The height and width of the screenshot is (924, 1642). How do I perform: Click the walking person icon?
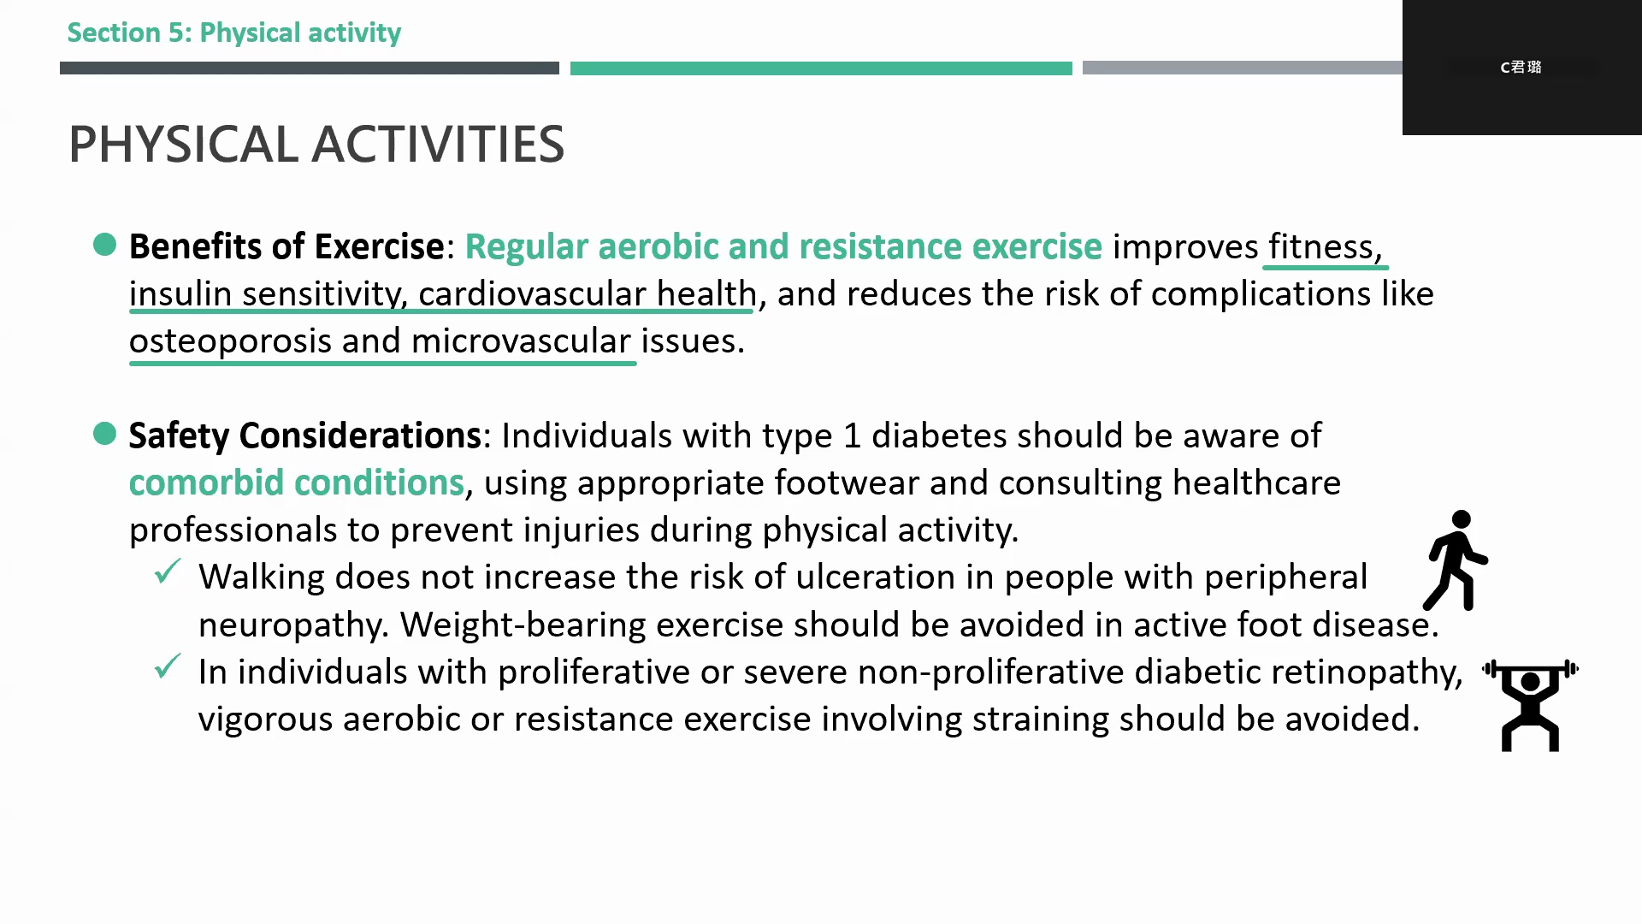[x=1456, y=560]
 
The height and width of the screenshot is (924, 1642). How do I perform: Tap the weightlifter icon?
[x=1530, y=705]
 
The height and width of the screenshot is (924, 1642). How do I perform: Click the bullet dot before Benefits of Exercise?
[x=104, y=245]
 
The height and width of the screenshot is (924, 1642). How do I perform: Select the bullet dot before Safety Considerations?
[x=104, y=434]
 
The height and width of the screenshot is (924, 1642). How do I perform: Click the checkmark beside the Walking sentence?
[x=168, y=571]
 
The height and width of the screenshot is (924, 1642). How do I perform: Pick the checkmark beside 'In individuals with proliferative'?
[x=168, y=666]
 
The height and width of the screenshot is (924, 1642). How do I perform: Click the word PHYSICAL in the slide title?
[x=183, y=144]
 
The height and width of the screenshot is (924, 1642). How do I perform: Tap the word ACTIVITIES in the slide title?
[x=438, y=144]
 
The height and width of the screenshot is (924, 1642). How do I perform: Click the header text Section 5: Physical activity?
[x=234, y=33]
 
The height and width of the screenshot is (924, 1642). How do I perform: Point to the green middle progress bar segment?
[x=821, y=68]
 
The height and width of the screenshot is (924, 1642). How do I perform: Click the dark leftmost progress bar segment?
[x=310, y=68]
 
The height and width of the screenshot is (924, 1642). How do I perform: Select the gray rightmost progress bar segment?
[x=1243, y=68]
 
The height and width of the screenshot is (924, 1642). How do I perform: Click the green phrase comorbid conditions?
[x=297, y=483]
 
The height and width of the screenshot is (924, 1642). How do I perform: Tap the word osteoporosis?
[x=230, y=341]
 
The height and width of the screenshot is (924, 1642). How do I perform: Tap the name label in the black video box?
[x=1521, y=67]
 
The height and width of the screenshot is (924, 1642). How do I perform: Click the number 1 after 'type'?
[x=852, y=436]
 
